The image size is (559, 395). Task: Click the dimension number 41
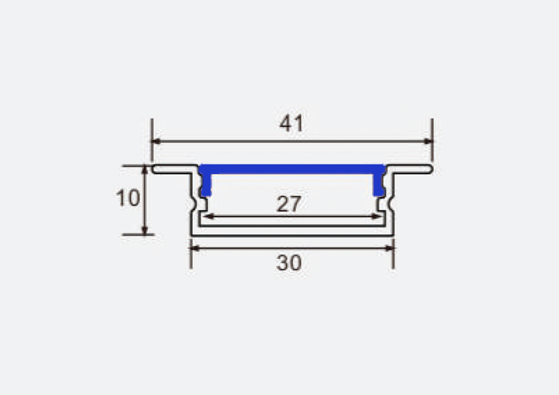point(291,124)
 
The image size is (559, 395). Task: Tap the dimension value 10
point(128,199)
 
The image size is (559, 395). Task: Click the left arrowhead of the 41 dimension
point(157,141)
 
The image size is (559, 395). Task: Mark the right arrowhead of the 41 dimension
point(428,141)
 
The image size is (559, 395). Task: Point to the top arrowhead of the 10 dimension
point(145,170)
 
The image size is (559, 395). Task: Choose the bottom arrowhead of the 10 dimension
point(145,230)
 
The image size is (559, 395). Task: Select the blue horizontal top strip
point(292,169)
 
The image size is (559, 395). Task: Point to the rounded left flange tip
point(156,169)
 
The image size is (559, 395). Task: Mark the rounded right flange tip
point(430,169)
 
